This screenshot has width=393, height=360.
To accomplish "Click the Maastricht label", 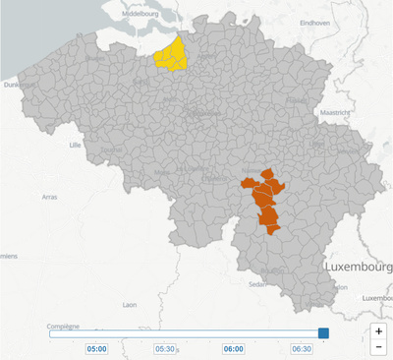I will click(335, 113).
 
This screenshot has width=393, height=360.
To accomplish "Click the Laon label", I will click(129, 306).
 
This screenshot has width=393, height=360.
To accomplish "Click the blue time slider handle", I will click(323, 333).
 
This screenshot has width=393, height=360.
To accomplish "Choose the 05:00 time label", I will click(97, 348).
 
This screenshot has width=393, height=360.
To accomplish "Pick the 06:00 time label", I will click(234, 348).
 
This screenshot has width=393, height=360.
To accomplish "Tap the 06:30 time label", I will click(302, 348).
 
